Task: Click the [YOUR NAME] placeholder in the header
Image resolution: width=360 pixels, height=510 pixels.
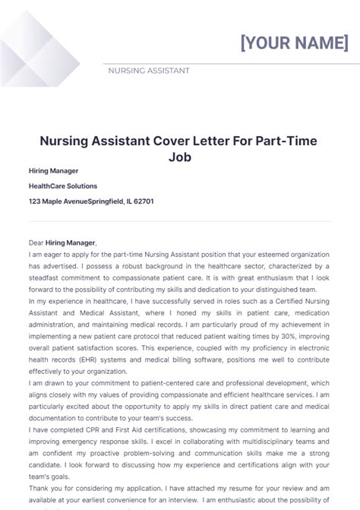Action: pyautogui.click(x=294, y=43)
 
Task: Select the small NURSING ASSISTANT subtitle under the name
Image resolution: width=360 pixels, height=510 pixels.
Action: pyautogui.click(x=150, y=71)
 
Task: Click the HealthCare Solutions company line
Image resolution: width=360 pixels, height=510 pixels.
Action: pyautogui.click(x=63, y=186)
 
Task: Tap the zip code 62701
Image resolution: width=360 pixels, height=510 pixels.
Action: pyautogui.click(x=141, y=201)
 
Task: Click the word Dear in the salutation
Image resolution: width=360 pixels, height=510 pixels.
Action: pyautogui.click(x=36, y=242)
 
